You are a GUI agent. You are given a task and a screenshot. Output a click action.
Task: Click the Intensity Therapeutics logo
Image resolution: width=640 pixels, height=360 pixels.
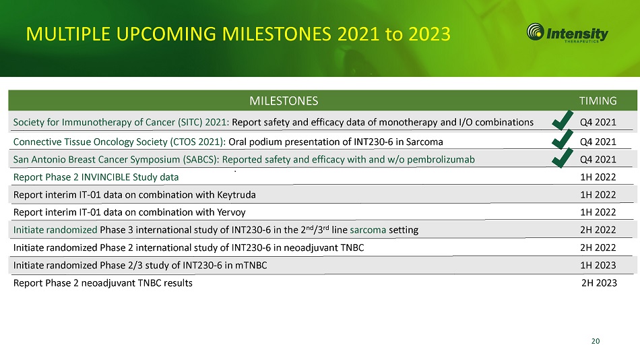(x=567, y=32)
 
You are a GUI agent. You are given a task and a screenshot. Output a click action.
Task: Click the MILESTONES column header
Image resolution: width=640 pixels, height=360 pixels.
(x=284, y=101)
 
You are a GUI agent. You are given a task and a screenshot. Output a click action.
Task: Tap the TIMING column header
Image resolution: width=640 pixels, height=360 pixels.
(x=598, y=101)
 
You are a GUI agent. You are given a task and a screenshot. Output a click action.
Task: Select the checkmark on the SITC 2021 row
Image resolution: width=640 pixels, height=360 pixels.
(x=563, y=121)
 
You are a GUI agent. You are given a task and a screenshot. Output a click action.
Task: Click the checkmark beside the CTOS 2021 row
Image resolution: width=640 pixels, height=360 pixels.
(x=563, y=140)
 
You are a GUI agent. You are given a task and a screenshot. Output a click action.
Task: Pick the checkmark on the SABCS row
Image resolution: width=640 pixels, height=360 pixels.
(x=563, y=158)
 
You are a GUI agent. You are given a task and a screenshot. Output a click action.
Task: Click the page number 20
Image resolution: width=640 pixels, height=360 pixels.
(x=596, y=341)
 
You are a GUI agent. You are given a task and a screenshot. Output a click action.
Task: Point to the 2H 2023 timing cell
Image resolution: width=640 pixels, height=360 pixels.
(x=599, y=282)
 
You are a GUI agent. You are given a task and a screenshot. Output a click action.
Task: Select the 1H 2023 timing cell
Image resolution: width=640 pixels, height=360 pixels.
(x=598, y=265)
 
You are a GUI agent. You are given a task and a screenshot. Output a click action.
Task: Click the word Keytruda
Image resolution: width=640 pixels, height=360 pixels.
(x=236, y=195)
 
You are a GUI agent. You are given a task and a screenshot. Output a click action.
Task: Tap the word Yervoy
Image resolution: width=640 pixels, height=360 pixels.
(x=232, y=212)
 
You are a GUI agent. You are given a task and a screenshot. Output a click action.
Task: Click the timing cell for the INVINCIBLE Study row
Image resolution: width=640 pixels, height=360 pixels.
(x=598, y=177)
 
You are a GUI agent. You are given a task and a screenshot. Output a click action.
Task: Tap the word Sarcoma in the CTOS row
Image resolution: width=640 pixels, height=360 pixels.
(x=424, y=142)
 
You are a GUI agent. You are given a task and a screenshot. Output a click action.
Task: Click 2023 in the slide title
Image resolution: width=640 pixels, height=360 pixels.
(x=429, y=34)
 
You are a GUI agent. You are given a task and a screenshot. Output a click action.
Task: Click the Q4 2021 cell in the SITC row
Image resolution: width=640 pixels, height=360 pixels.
(x=598, y=122)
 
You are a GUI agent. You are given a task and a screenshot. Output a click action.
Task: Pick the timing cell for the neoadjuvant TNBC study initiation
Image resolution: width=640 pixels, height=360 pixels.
(x=598, y=247)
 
